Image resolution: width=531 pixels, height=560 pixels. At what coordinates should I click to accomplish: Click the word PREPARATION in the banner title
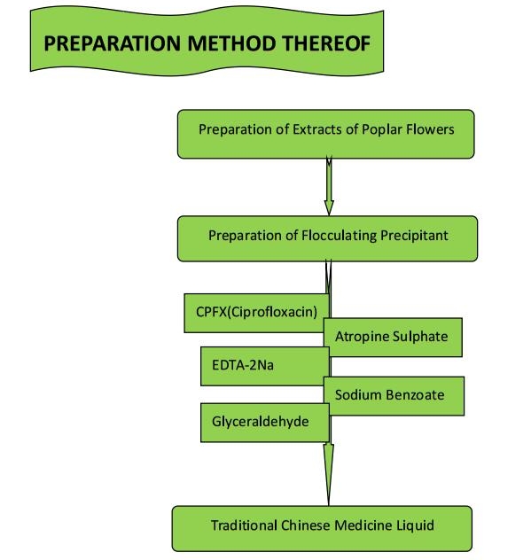pos(112,43)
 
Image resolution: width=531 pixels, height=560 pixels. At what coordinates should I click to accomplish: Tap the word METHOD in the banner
pos(232,43)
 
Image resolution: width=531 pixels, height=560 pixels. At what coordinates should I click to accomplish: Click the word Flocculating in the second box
pos(339,236)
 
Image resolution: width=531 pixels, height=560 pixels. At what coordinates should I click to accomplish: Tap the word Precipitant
pos(414,236)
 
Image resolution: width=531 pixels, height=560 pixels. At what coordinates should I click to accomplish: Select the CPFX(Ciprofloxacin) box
pos(256,313)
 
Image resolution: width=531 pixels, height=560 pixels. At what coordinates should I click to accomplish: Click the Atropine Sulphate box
pos(393,337)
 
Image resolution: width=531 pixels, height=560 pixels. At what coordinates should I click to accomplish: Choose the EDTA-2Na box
pos(265,366)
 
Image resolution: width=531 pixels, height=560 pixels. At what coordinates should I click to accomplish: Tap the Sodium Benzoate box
pos(394,396)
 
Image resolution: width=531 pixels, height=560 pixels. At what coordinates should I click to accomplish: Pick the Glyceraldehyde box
pos(265,423)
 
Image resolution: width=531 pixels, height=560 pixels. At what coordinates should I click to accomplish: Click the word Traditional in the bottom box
pos(244,525)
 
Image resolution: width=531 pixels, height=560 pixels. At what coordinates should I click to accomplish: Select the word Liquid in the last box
pos(415,526)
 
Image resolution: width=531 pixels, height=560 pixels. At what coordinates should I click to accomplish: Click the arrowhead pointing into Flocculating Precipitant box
pos(329,208)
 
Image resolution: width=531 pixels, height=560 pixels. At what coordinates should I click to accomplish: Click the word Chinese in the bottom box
pos(306,525)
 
